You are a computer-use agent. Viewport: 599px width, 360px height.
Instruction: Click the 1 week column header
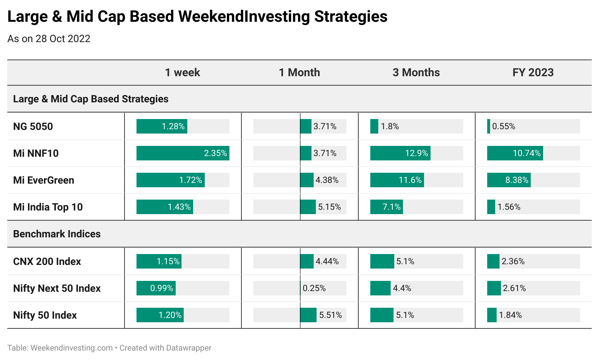(x=182, y=73)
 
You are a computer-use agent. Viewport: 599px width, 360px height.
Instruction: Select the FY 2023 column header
(x=533, y=73)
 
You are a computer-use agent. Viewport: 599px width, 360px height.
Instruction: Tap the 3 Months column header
(x=416, y=73)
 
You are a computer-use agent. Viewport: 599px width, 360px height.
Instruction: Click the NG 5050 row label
(x=33, y=126)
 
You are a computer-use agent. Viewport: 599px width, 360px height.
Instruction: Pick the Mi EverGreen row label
(x=44, y=180)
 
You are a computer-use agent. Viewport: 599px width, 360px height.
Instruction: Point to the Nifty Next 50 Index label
(x=57, y=289)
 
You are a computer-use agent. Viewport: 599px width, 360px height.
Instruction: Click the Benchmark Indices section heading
(x=57, y=234)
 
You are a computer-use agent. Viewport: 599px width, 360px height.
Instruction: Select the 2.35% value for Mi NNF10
(x=215, y=153)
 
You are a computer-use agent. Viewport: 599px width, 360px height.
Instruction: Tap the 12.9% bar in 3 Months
(x=400, y=153)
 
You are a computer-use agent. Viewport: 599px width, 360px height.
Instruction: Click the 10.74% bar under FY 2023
(x=515, y=153)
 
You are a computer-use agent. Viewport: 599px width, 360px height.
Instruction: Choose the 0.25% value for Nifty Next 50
(x=314, y=288)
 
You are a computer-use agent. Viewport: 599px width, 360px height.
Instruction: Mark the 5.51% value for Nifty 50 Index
(x=330, y=315)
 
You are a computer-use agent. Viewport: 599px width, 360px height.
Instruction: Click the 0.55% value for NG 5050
(x=504, y=126)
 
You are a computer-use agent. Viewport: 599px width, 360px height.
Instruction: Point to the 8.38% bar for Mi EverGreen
(x=509, y=180)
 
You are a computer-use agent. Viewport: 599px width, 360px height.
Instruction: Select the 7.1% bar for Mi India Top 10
(x=386, y=207)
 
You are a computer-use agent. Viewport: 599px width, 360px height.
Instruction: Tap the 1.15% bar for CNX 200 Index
(x=159, y=261)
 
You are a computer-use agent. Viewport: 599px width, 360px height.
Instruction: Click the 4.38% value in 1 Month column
(x=327, y=180)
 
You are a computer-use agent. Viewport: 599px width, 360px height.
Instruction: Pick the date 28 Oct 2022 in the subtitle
(x=63, y=39)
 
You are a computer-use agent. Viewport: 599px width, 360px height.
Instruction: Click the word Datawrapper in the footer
(x=188, y=348)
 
